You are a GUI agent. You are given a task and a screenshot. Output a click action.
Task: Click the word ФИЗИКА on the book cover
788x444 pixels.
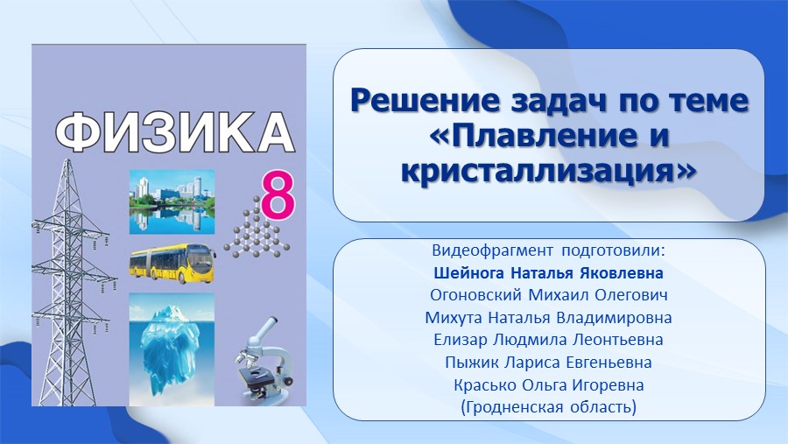tap(174, 132)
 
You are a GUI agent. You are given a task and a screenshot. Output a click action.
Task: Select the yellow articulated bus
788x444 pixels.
tap(172, 263)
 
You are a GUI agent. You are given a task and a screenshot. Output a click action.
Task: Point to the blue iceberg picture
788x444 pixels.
tap(172, 349)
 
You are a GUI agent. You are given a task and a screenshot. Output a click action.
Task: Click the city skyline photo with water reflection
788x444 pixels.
tap(172, 202)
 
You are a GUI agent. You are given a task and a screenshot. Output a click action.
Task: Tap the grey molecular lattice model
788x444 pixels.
tap(257, 229)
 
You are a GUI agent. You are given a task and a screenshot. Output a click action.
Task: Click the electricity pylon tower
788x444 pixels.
tap(70, 282)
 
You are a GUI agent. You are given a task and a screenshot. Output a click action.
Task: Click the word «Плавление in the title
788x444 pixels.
tap(529, 136)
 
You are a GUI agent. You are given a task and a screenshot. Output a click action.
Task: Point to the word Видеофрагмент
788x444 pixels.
tap(492, 250)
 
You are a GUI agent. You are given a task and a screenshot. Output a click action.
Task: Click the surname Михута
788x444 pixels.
tap(454, 318)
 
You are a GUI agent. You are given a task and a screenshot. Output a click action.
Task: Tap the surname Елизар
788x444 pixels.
tap(461, 340)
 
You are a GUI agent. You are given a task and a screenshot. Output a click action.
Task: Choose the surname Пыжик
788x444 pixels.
tap(472, 362)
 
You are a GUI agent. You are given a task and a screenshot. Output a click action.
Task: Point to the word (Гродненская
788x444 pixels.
tap(512, 406)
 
